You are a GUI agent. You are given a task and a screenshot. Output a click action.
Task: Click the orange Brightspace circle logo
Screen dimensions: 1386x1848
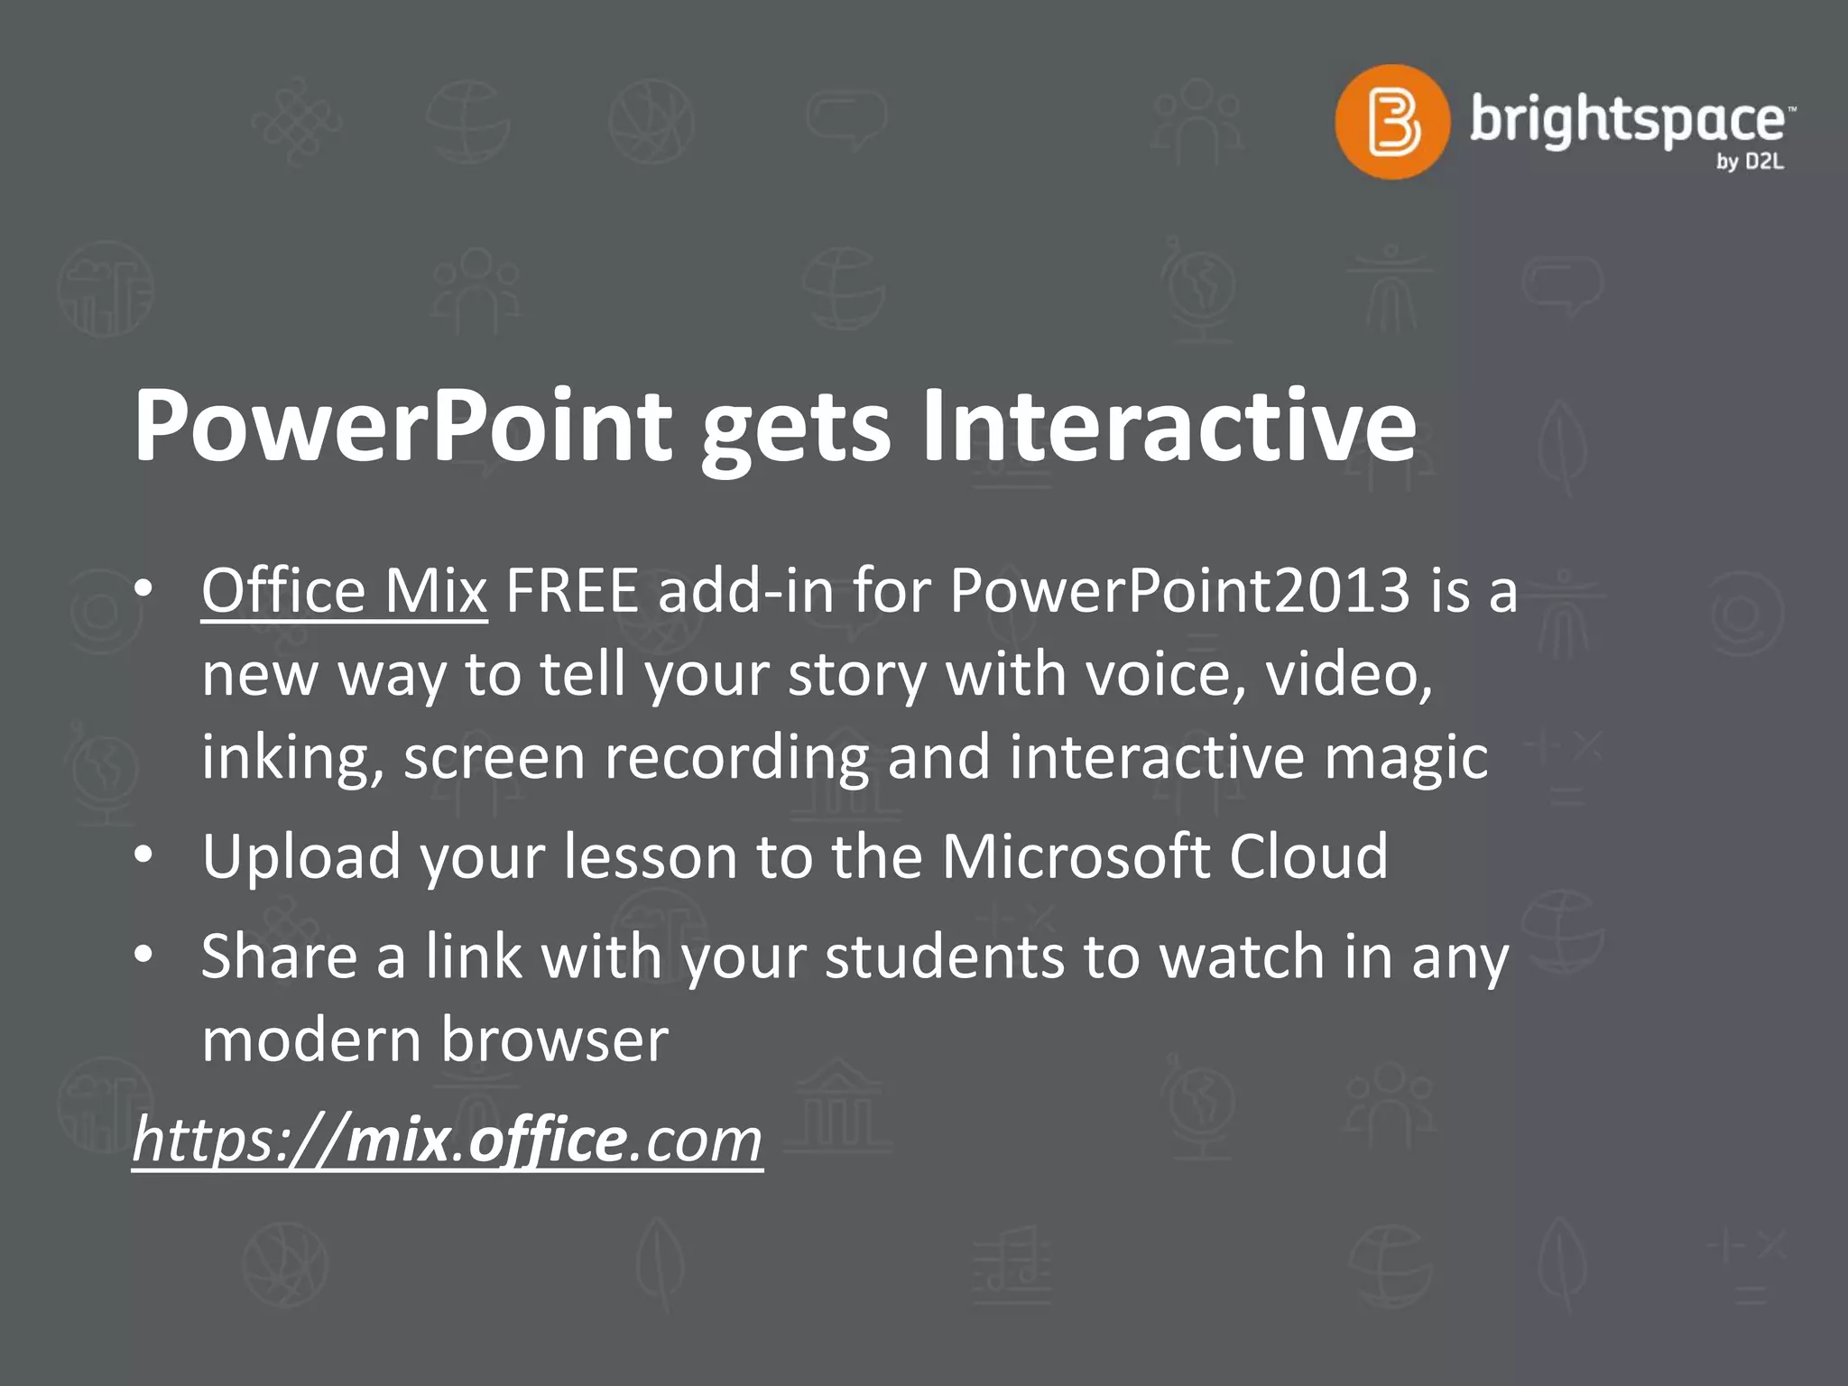pos(1392,122)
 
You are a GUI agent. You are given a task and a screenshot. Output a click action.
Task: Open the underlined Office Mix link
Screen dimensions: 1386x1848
pos(344,591)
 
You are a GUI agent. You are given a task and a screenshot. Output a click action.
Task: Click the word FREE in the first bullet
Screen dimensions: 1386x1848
pos(572,591)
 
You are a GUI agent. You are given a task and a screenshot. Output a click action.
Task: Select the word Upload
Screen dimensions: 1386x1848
pos(301,856)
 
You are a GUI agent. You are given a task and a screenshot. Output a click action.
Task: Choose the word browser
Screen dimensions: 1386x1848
pos(555,1040)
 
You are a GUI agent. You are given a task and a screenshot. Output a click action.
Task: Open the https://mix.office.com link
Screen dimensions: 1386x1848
pos(448,1141)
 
